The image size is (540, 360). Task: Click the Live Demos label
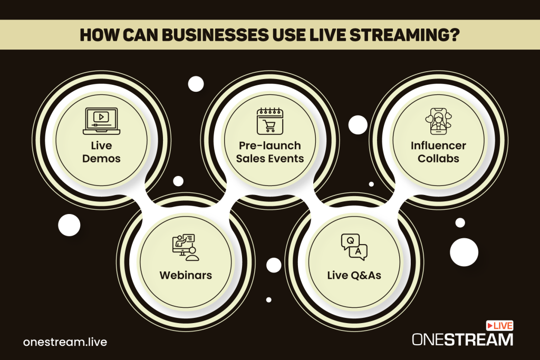tap(102, 152)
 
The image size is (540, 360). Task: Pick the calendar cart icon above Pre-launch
tap(269, 120)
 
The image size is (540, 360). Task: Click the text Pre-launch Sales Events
tap(269, 151)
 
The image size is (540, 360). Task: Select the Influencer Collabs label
tap(438, 152)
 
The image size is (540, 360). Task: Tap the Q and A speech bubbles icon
tap(354, 247)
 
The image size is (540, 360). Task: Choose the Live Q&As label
tap(353, 276)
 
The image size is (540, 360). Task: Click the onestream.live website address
tap(65, 342)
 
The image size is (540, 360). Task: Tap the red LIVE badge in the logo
tap(501, 326)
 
